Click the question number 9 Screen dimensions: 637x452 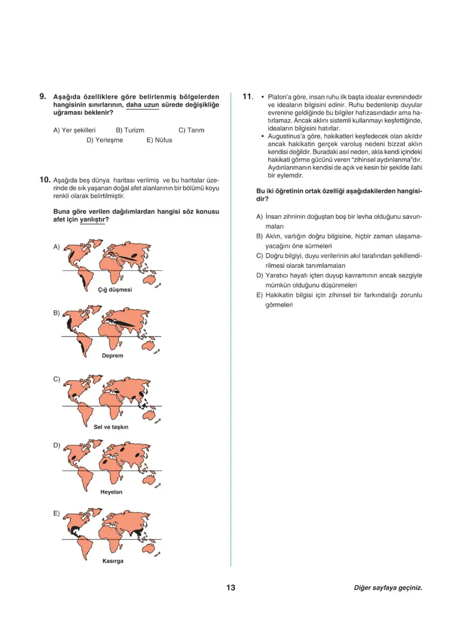click(x=43, y=96)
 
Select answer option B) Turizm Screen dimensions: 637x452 click(x=130, y=130)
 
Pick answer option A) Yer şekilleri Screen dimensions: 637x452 click(x=74, y=130)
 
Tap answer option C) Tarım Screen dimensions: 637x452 click(x=191, y=130)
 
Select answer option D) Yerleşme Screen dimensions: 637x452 click(x=105, y=140)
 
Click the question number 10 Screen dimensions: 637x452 click(x=45, y=180)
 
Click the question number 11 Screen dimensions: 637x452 click(x=248, y=96)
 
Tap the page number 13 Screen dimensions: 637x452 click(x=231, y=588)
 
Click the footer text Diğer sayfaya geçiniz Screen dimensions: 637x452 click(x=388, y=588)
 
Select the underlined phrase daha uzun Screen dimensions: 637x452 click(x=142, y=105)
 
